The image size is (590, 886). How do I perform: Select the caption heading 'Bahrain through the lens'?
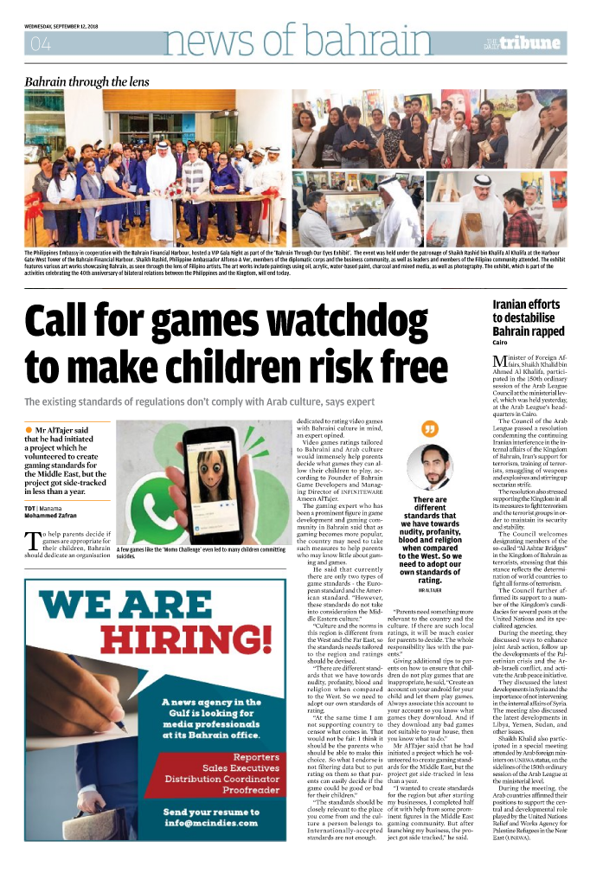(87, 82)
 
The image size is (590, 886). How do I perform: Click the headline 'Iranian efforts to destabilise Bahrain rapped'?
(528, 318)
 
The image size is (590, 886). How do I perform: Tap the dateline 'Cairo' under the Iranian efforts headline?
(500, 343)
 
